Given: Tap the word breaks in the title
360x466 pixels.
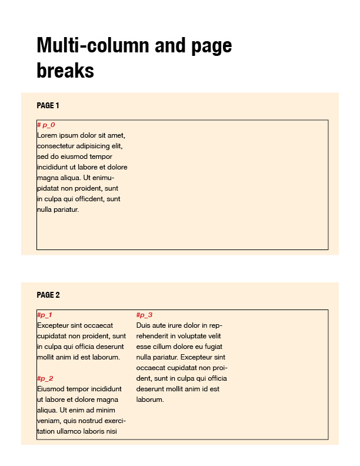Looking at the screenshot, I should click(x=65, y=71).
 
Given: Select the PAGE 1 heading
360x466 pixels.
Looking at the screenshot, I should click(x=48, y=106).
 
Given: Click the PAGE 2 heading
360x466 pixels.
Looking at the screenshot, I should click(x=48, y=295).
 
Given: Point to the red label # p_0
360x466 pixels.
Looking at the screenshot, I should click(x=46, y=125).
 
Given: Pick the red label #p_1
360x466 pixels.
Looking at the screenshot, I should click(x=45, y=315).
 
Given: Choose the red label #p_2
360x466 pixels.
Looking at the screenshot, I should click(x=45, y=379).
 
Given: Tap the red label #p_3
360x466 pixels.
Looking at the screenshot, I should click(x=144, y=315).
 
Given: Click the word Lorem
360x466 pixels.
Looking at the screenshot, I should click(x=47, y=135).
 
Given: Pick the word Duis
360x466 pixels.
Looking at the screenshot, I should click(x=144, y=325).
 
